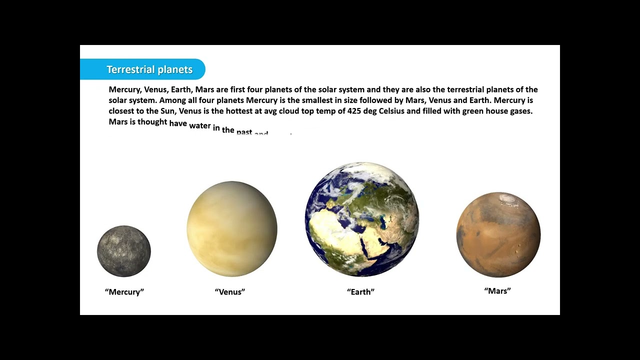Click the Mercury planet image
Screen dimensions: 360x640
coord(124,251)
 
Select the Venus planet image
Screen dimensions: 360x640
coord(232,229)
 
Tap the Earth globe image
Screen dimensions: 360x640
coord(361,219)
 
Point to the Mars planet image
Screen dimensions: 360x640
coord(498,234)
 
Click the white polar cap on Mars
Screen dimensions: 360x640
coord(509,199)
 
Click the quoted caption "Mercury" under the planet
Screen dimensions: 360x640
coord(124,292)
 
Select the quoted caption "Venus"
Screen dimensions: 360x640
coord(230,292)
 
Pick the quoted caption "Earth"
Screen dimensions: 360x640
coord(361,292)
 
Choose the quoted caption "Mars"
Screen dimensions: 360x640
coord(497,290)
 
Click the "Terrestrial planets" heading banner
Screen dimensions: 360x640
coord(149,69)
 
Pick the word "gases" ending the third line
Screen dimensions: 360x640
coord(520,111)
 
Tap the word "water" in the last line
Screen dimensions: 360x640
coord(200,125)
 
